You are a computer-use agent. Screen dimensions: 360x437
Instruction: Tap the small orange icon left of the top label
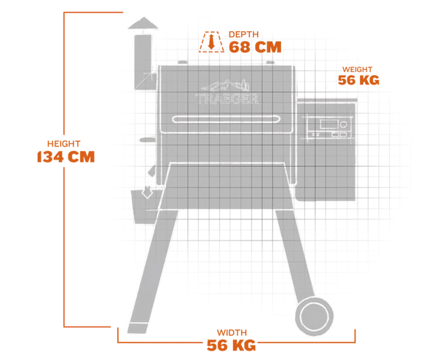pos(210,42)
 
